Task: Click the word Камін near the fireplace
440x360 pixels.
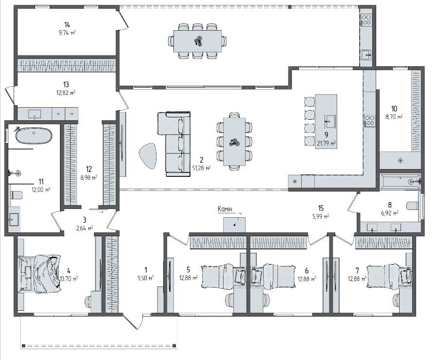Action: pos(225,209)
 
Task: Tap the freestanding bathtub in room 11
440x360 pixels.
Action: pos(34,136)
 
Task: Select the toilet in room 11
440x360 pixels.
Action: pos(17,195)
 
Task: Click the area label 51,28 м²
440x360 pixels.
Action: pos(201,168)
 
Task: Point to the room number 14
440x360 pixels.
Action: pos(67,25)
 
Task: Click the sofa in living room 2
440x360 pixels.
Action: pos(174,144)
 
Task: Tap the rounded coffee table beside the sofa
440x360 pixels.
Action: pos(148,156)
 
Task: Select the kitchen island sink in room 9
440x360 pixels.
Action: pos(329,121)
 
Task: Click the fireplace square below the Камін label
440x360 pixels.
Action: pos(234,225)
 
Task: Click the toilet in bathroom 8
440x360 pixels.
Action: pos(413,206)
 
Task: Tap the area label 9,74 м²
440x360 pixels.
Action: pos(67,33)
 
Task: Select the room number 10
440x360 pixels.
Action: pos(394,109)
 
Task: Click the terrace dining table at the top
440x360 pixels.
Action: pos(197,41)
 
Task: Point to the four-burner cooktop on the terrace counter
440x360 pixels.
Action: pos(366,19)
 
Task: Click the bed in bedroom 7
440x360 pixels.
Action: pos(389,277)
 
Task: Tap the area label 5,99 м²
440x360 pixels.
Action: pos(321,217)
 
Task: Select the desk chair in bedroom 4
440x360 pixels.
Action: pos(88,302)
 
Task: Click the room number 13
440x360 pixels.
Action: pos(66,84)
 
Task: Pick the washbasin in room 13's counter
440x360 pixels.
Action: pos(35,114)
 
